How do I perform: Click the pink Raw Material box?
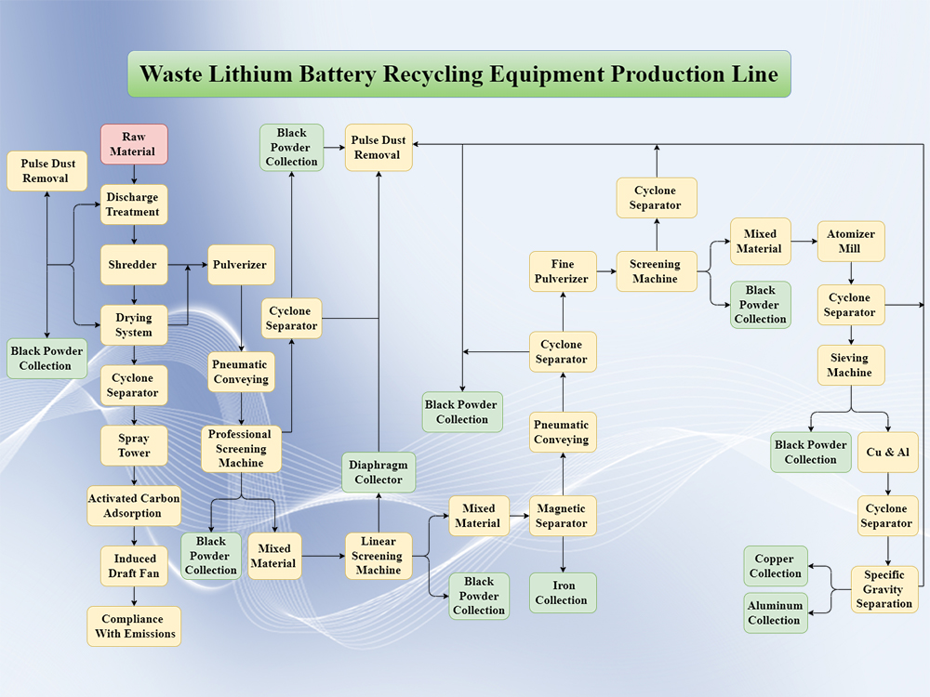134,144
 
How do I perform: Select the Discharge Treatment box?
133,204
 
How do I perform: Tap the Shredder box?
134,265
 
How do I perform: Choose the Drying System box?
134,325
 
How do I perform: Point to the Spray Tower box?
134,446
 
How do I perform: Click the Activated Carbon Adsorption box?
134,506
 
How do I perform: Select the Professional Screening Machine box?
241,449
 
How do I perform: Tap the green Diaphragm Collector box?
379,472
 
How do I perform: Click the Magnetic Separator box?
563,516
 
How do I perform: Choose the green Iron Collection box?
563,593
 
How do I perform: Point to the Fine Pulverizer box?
563,271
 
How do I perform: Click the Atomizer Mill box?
850,242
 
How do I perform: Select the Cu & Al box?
888,453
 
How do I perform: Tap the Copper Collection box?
776,566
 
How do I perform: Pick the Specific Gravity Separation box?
884,589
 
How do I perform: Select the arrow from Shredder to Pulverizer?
188,266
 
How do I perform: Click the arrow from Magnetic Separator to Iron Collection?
563,555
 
